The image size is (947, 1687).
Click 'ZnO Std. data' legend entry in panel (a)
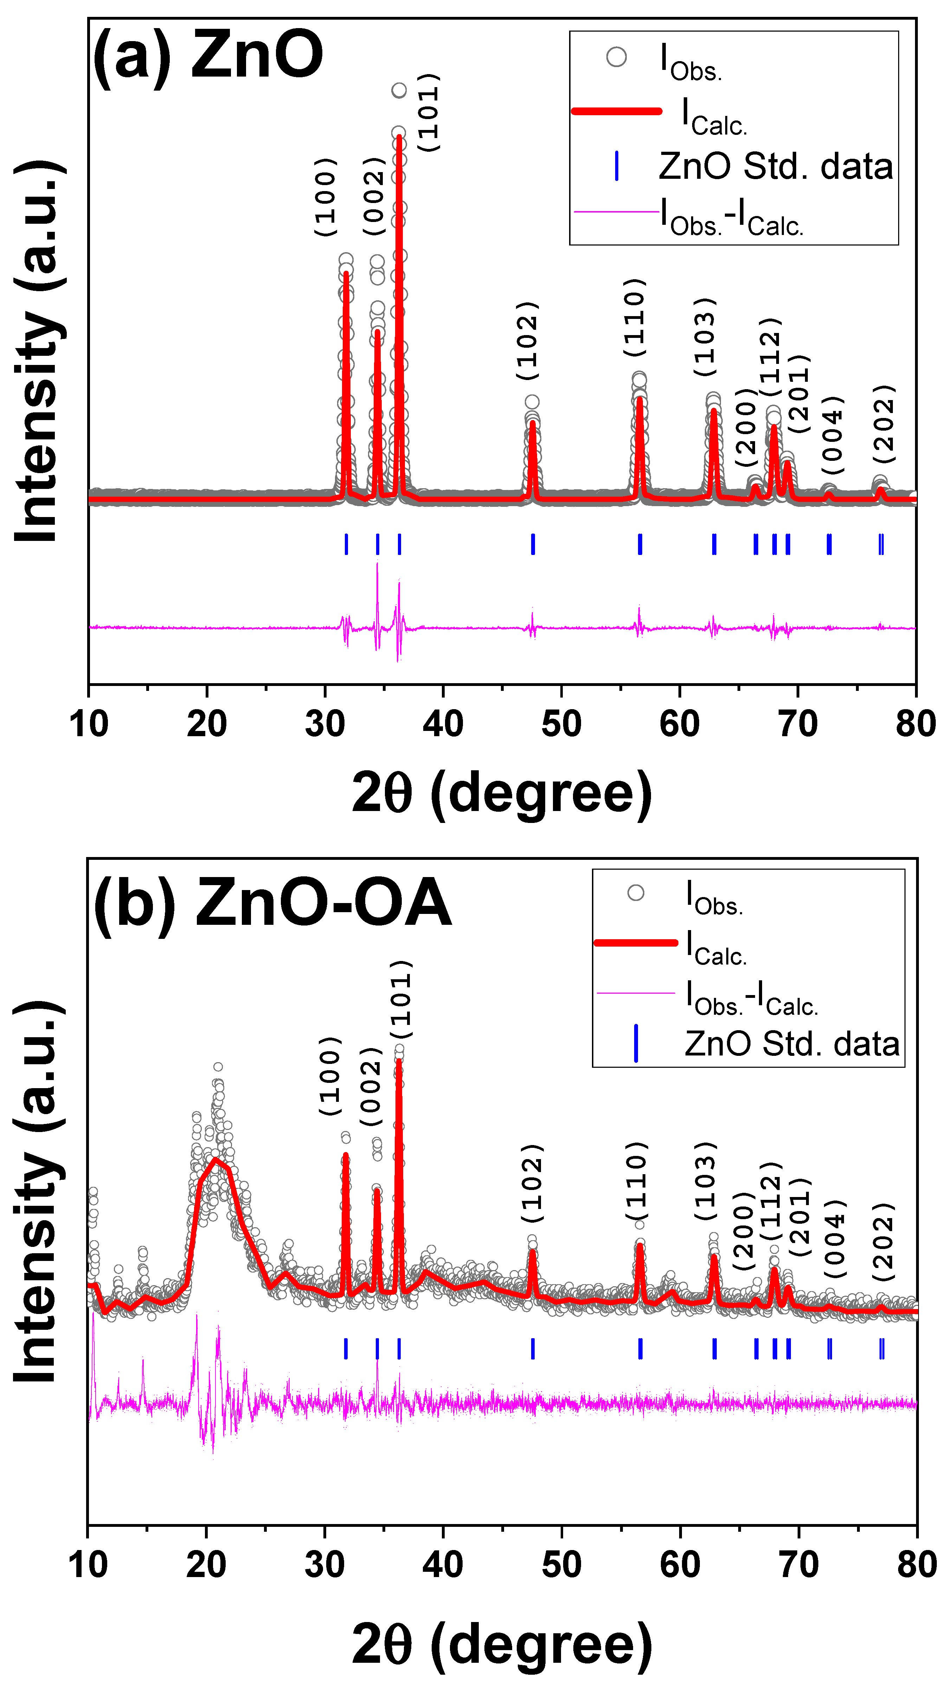point(775,166)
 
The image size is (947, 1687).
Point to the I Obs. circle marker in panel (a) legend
point(616,57)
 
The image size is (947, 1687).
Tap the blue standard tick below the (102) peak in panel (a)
point(533,544)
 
